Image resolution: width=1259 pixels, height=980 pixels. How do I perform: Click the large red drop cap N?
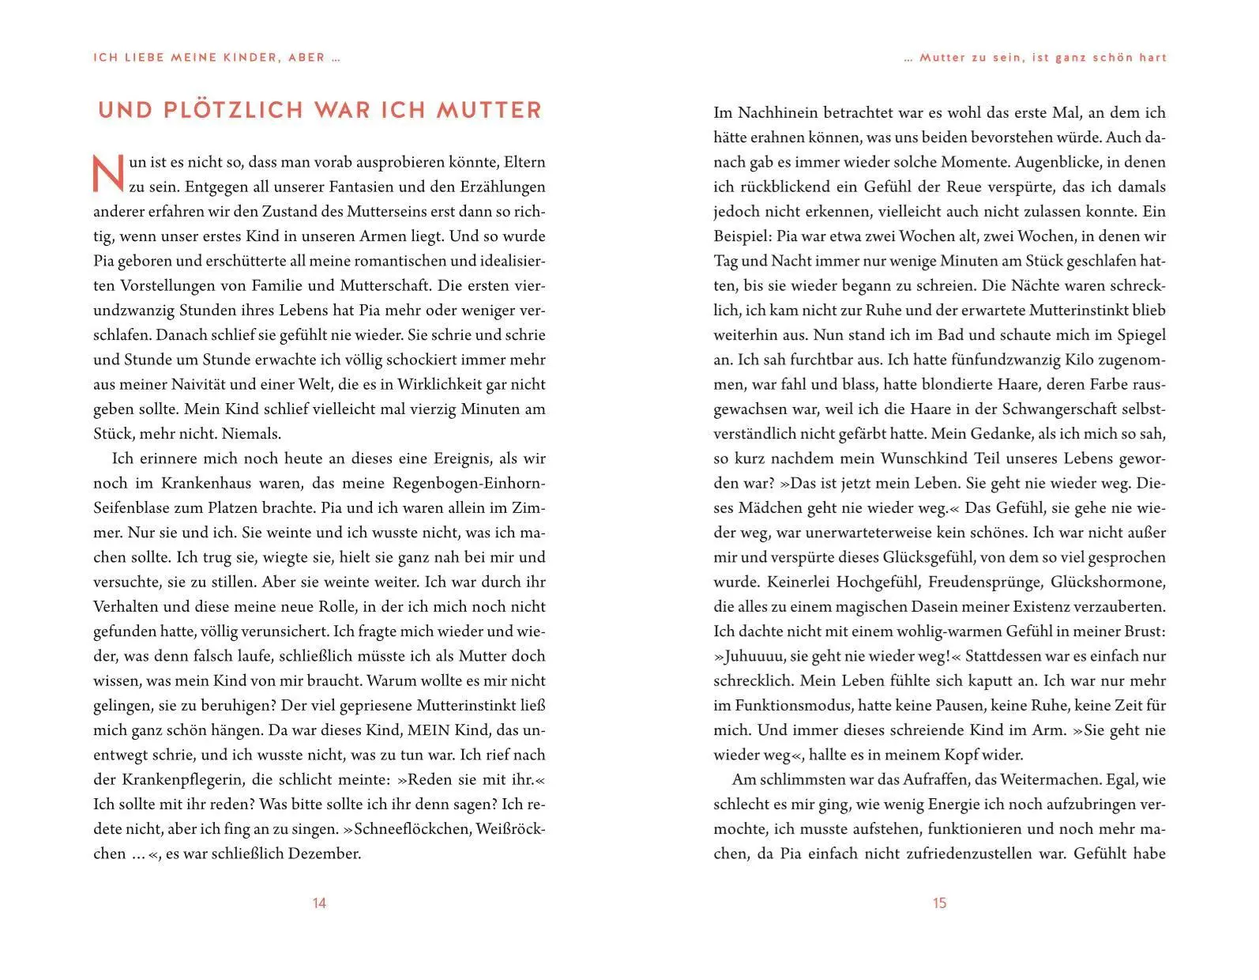coord(109,173)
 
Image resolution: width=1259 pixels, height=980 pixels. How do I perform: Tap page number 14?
coord(319,903)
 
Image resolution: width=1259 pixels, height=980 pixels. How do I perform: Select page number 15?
coord(939,903)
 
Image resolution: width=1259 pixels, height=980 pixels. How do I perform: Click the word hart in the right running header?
coord(1153,58)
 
